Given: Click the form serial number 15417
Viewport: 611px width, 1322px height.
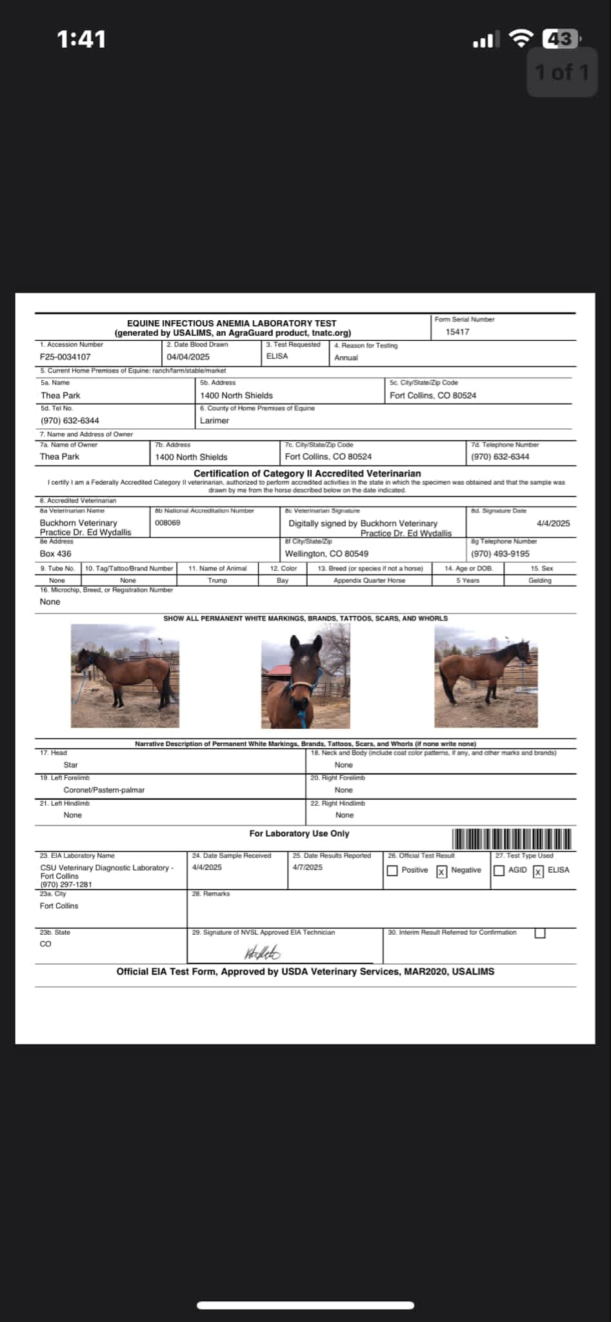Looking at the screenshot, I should (x=457, y=332).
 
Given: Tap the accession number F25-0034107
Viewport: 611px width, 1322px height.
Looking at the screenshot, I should (x=65, y=356).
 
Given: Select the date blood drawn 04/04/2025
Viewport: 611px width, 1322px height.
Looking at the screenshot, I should (x=188, y=357).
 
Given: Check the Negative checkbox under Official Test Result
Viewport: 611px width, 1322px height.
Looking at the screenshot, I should (x=442, y=871).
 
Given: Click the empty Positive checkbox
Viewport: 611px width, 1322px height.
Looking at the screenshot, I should (x=392, y=871).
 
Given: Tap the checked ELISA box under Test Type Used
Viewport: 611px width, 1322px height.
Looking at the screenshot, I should (x=539, y=871).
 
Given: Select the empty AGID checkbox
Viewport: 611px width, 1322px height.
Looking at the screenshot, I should (x=499, y=871).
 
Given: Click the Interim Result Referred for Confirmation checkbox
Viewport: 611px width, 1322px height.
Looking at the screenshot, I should (x=540, y=933).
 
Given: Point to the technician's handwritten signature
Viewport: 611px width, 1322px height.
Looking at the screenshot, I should (x=262, y=952).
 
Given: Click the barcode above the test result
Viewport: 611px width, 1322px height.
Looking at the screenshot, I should (x=512, y=839).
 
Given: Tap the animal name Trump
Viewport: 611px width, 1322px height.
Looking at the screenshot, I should (x=217, y=580).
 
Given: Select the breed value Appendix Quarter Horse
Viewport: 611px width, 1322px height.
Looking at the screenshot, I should (x=369, y=580).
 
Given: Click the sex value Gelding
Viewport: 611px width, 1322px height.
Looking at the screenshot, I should (x=540, y=580).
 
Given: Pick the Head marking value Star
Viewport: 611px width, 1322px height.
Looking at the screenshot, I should (x=71, y=765).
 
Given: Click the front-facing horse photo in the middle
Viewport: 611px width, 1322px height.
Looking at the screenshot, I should (x=305, y=676).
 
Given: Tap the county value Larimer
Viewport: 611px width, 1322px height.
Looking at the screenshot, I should (x=214, y=420).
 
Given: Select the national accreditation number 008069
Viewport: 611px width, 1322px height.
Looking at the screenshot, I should (x=168, y=523).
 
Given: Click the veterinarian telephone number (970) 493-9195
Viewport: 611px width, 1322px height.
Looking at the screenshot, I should (x=500, y=554).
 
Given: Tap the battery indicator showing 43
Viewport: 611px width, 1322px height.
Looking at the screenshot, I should (x=560, y=39).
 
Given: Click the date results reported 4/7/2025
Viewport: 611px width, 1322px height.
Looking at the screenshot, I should (x=307, y=867).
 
